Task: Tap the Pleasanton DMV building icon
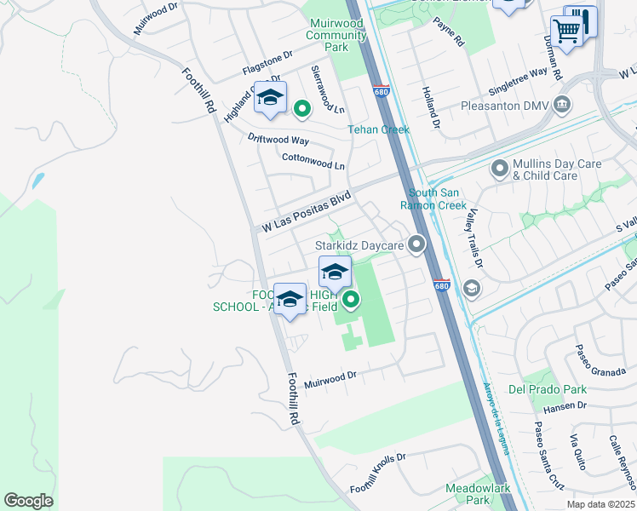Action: (x=562, y=106)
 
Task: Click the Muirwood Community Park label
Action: (x=336, y=36)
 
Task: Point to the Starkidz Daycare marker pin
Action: (x=416, y=245)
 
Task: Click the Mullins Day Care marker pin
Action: (x=499, y=169)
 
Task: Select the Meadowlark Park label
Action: (x=467, y=495)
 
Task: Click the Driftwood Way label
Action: (x=278, y=139)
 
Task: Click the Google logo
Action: (x=28, y=501)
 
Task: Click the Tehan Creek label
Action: (x=378, y=129)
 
